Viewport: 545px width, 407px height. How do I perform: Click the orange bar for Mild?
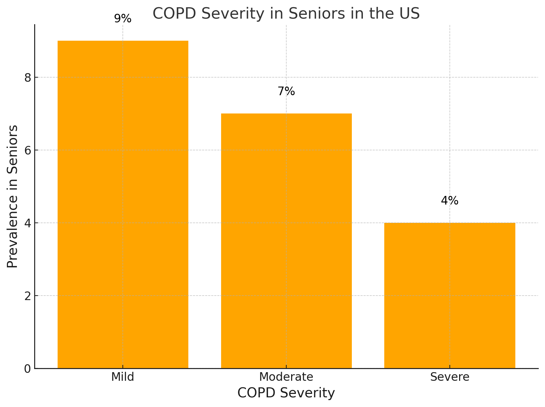123,204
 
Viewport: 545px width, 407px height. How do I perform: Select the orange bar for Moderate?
286,241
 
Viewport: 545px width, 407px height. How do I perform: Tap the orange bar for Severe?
449,295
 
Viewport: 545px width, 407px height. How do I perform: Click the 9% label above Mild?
123,19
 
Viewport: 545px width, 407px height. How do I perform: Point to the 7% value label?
286,91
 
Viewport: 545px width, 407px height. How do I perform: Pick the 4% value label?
449,201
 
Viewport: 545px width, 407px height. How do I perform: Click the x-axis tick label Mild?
123,377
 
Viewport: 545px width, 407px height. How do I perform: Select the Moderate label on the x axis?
286,377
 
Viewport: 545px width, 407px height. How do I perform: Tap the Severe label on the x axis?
449,377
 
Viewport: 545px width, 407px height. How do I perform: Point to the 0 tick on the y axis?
28,369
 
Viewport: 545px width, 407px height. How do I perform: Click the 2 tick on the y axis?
28,296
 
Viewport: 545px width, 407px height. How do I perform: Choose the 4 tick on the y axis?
28,223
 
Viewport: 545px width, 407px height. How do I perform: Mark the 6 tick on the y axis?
28,150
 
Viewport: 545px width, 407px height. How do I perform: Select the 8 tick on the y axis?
28,78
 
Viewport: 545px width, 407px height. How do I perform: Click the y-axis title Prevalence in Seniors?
12,197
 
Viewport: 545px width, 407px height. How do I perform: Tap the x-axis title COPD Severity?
286,393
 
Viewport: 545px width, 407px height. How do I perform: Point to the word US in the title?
410,14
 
